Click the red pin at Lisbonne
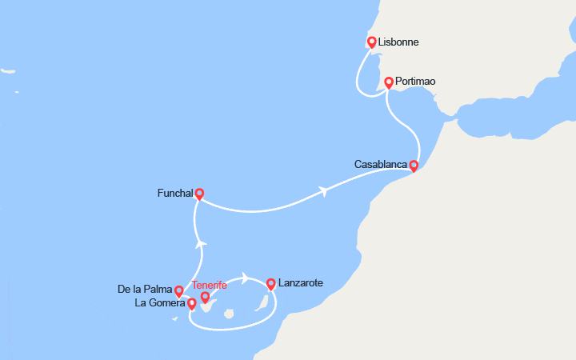click(x=372, y=42)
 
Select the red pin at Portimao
click(x=389, y=82)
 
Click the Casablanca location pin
click(x=414, y=166)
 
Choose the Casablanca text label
click(x=380, y=165)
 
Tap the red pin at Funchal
click(x=199, y=193)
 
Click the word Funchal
click(x=175, y=193)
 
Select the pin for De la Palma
click(x=179, y=291)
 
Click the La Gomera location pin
click(x=192, y=303)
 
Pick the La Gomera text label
click(x=161, y=303)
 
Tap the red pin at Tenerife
click(x=206, y=298)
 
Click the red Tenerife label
click(x=210, y=285)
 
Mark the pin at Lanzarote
click(x=271, y=283)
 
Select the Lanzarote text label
click(x=302, y=283)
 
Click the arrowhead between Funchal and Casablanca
click(x=323, y=191)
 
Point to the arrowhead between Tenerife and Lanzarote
click(x=245, y=279)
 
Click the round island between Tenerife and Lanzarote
click(x=228, y=314)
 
